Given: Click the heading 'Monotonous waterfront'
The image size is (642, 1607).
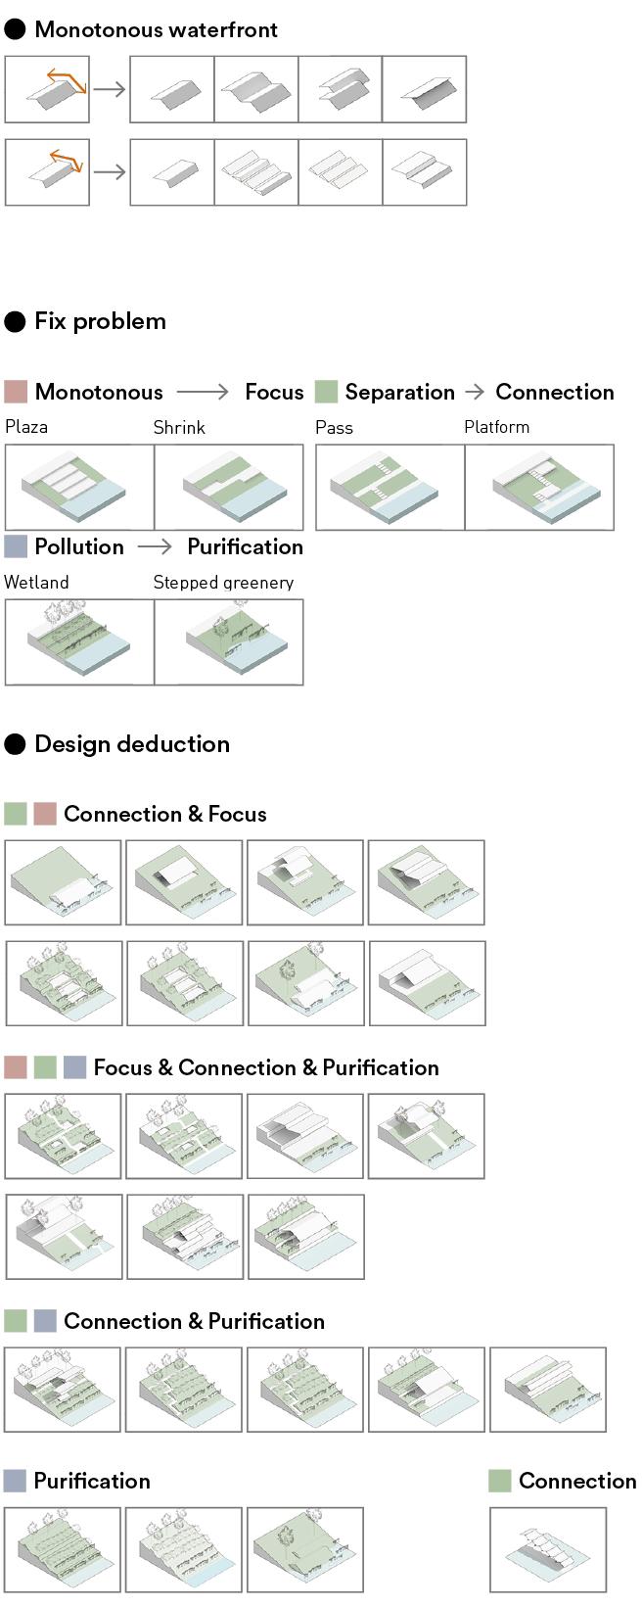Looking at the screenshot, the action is click(x=156, y=29).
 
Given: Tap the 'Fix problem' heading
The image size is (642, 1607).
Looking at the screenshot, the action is click(x=100, y=321).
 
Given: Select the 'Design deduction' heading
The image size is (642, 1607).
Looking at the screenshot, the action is click(x=132, y=744).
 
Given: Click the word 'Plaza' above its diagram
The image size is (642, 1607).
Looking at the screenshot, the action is click(x=26, y=427).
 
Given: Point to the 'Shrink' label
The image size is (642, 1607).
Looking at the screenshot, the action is click(x=179, y=428).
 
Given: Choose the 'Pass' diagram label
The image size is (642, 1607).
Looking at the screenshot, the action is click(x=334, y=428).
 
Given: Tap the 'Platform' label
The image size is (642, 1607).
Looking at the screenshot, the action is click(x=496, y=427).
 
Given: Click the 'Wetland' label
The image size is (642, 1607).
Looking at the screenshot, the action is click(x=36, y=583).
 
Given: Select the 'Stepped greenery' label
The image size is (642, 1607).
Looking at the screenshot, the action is click(x=223, y=583).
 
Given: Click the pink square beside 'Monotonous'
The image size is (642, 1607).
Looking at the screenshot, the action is click(x=16, y=393).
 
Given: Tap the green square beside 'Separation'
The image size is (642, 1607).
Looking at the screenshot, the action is click(x=326, y=393).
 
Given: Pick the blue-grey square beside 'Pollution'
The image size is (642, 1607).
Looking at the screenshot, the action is click(x=16, y=546).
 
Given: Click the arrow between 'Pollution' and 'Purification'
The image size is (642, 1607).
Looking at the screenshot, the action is click(x=155, y=546).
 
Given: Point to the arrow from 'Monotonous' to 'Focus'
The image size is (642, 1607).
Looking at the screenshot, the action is click(x=202, y=392).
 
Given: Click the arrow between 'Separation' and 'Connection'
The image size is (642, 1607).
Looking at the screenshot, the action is click(x=475, y=392).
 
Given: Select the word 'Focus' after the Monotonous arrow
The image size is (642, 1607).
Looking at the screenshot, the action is click(x=274, y=392).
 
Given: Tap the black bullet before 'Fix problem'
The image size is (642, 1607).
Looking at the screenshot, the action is click(x=15, y=322).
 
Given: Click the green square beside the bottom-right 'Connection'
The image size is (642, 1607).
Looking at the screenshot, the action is click(x=499, y=1481).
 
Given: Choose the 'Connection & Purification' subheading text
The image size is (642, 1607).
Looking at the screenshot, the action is click(x=194, y=1321).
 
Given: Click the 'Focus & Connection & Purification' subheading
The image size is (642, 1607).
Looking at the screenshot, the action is click(x=266, y=1067).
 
